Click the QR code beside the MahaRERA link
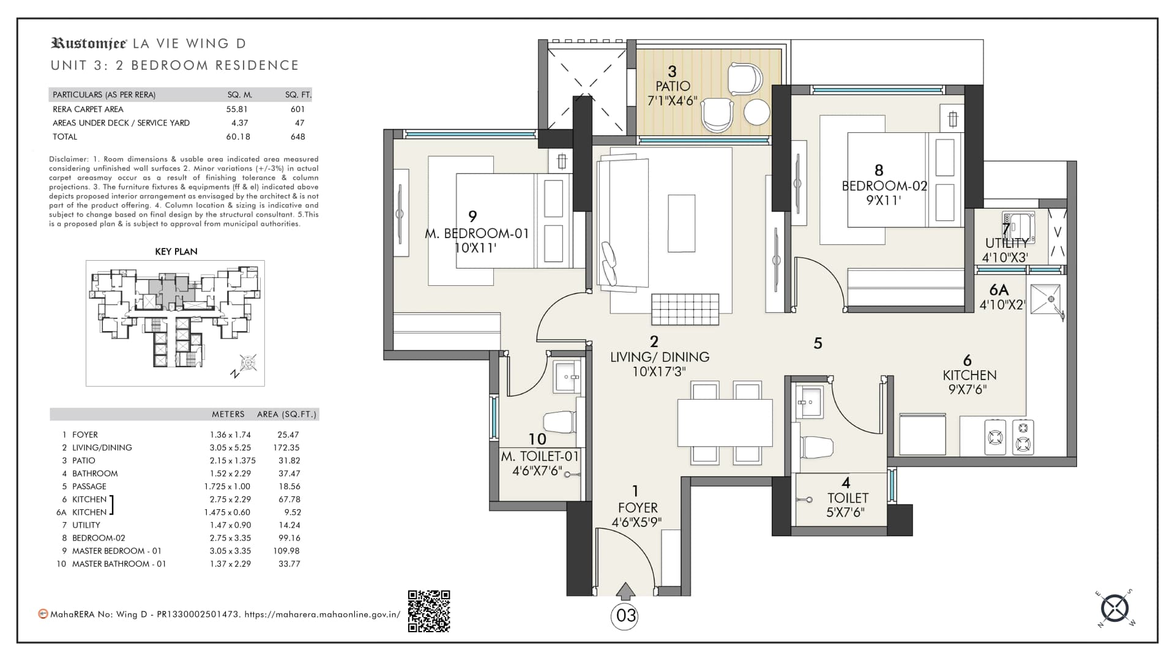(429, 611)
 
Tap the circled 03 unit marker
(625, 616)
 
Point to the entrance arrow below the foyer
(625, 591)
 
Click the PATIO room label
(673, 86)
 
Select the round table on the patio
(756, 113)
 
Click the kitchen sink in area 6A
(1048, 300)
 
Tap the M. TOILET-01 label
(540, 457)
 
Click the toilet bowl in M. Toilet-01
(559, 422)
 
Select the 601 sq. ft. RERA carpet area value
(297, 109)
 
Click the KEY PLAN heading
(176, 252)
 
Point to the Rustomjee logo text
(89, 43)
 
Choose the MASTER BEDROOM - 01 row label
(117, 551)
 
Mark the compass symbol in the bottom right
(1114, 608)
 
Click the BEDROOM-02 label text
(885, 186)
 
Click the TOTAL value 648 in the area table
(298, 136)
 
